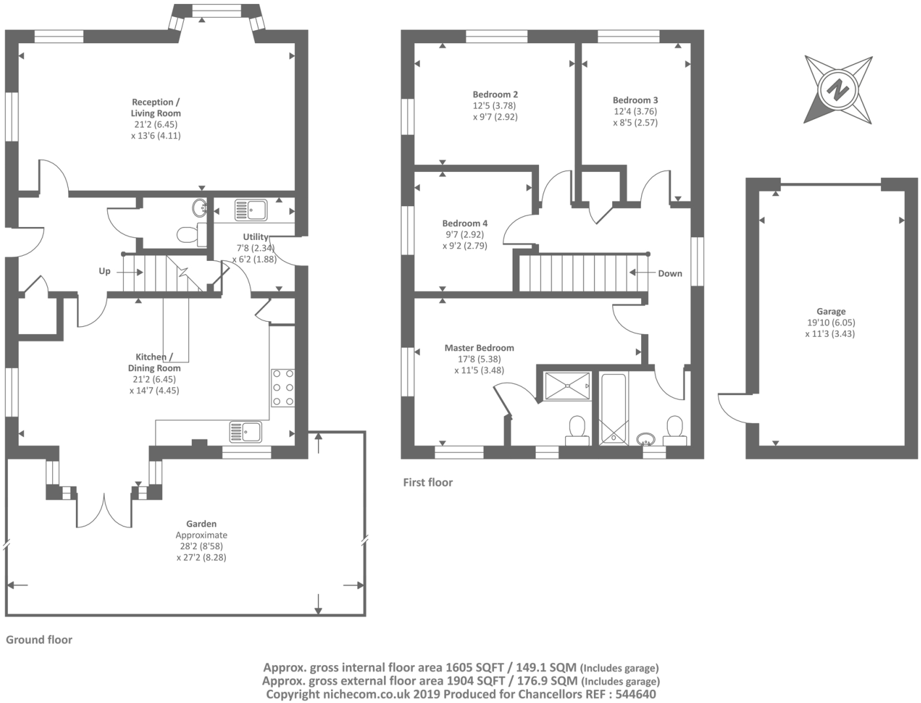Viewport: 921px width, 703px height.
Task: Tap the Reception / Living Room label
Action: (156, 107)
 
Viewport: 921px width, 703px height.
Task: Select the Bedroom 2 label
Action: (495, 94)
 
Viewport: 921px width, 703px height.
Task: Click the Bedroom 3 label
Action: (635, 100)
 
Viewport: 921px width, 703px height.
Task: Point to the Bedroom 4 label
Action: (464, 223)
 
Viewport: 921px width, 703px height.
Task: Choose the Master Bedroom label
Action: (479, 348)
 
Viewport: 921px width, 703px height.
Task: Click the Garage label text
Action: (831, 311)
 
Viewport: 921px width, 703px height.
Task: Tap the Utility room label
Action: (256, 237)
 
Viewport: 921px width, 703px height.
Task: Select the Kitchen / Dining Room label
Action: (154, 362)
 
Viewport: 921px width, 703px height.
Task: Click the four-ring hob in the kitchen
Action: (283, 388)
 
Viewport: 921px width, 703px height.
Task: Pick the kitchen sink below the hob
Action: (246, 432)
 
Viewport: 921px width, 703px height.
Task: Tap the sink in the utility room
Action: (251, 210)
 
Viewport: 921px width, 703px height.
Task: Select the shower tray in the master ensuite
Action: (565, 386)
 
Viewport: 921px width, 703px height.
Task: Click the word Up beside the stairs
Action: (105, 271)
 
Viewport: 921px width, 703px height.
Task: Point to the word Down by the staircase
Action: (670, 273)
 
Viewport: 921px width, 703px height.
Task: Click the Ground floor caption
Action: (39, 640)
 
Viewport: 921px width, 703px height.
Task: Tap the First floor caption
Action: (428, 482)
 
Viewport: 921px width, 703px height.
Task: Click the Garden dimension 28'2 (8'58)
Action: (201, 546)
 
